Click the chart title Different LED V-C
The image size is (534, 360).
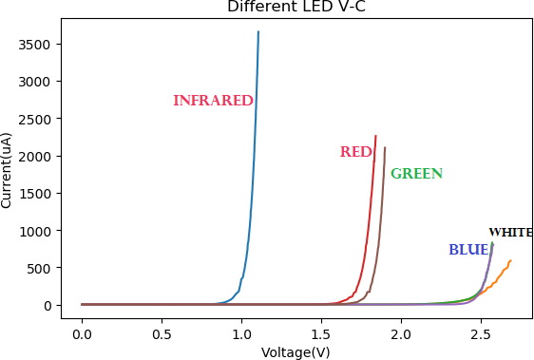click(295, 8)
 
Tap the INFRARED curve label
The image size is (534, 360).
click(213, 101)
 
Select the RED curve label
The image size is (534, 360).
click(355, 152)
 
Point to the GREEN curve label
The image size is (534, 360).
click(416, 174)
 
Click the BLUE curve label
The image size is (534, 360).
click(467, 250)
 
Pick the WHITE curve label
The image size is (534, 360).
click(510, 233)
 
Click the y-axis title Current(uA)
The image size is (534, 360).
click(8, 170)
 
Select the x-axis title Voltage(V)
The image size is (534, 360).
click(296, 351)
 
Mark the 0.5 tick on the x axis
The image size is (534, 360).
click(162, 333)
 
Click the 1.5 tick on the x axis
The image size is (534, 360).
click(321, 333)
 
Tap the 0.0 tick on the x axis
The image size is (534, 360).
click(82, 333)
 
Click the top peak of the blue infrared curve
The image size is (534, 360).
click(257, 31)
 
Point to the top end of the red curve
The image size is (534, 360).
click(375, 136)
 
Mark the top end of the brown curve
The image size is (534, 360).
click(385, 147)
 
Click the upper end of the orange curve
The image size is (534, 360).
click(510, 260)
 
